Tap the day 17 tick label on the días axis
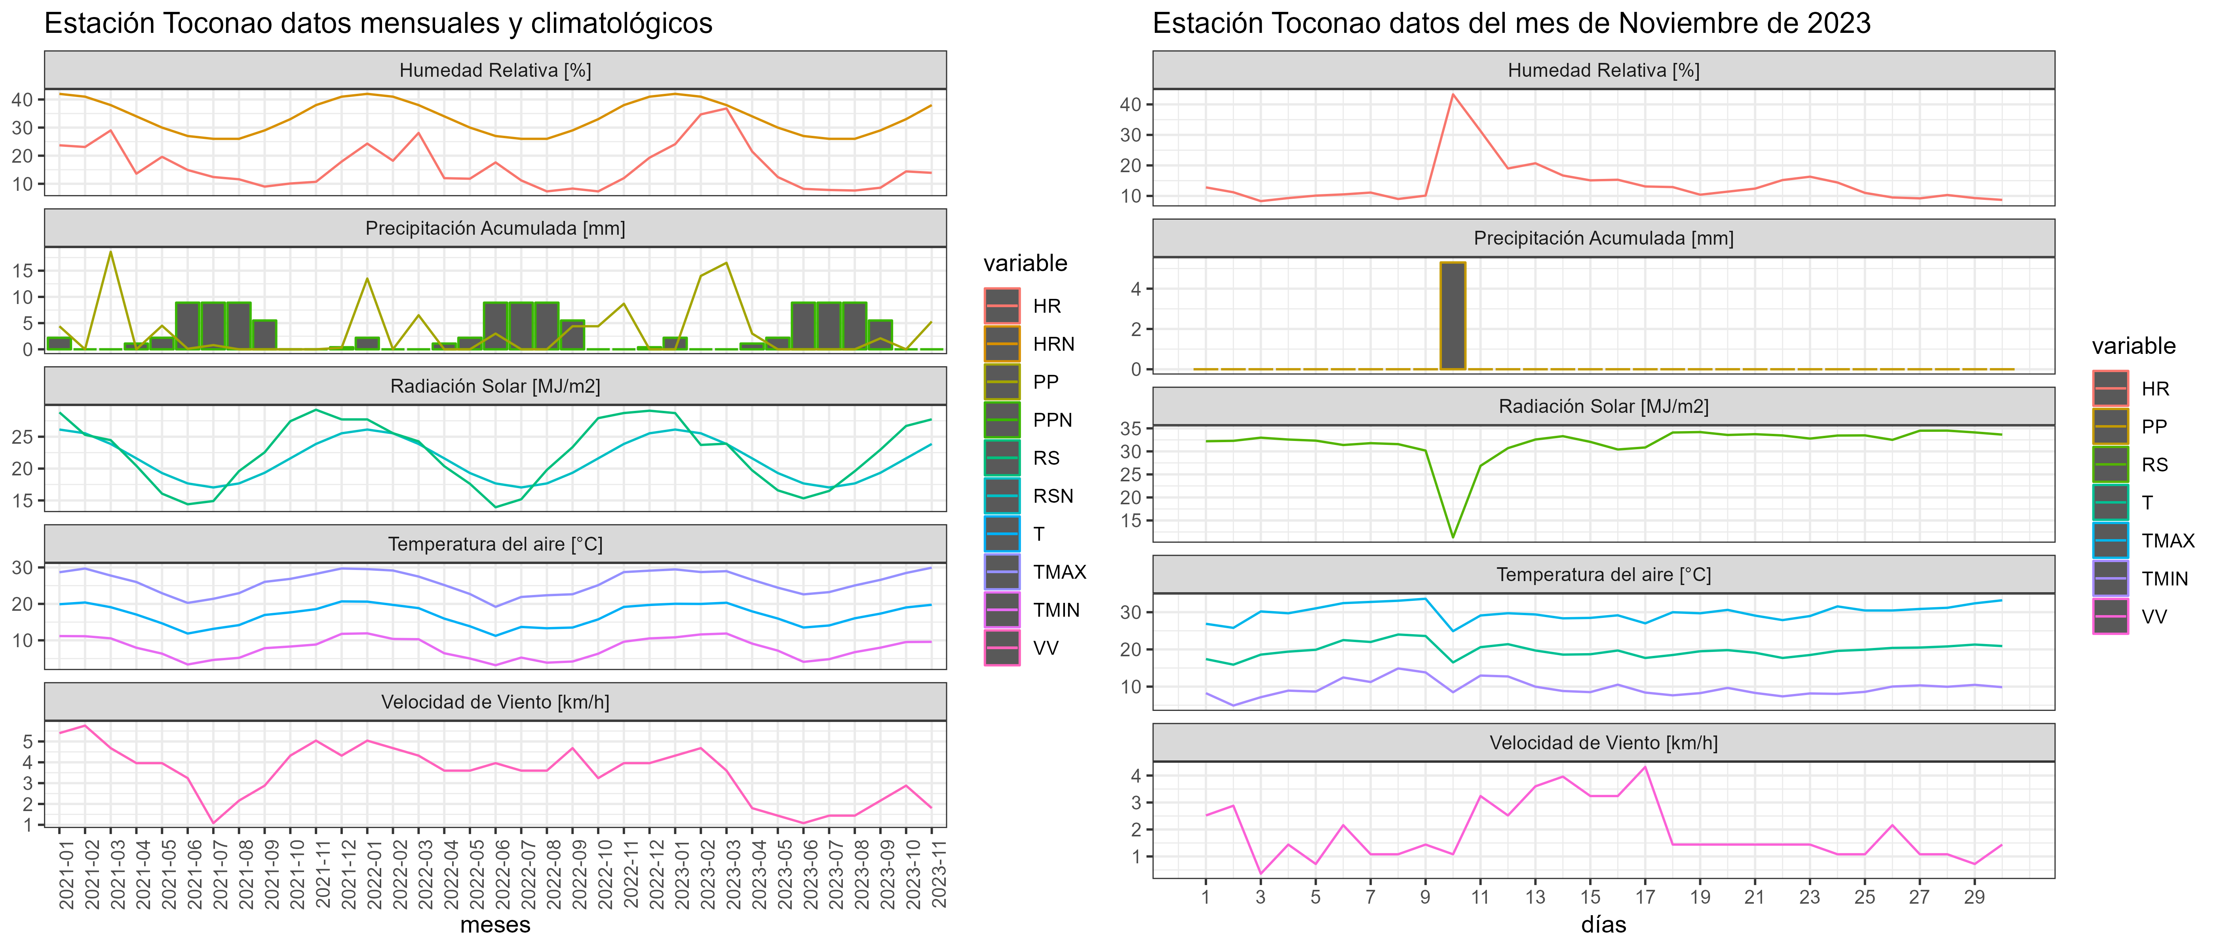tap(1645, 897)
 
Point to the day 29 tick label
tap(1974, 897)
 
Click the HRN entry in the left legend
tap(1053, 344)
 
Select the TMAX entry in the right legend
tap(2167, 540)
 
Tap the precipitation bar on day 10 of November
tap(1453, 316)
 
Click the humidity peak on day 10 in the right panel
tap(1453, 95)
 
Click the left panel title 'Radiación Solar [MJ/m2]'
tap(495, 386)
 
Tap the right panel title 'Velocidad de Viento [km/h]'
tap(1603, 743)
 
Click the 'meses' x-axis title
tap(495, 925)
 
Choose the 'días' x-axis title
tap(1603, 925)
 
